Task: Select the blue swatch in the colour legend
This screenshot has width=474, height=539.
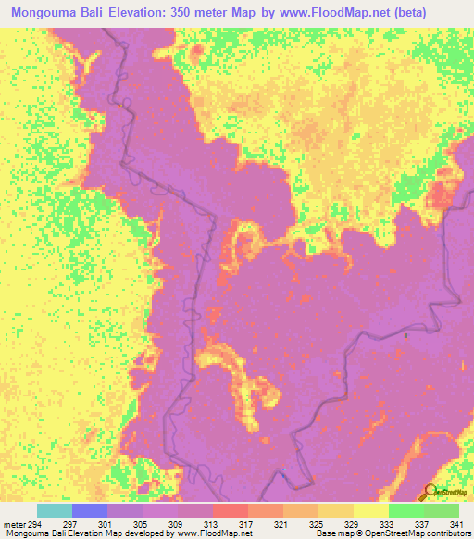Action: pyautogui.click(x=89, y=510)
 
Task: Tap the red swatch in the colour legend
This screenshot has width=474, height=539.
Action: pyautogui.click(x=230, y=510)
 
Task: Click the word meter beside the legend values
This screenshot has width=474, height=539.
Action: pyautogui.click(x=15, y=524)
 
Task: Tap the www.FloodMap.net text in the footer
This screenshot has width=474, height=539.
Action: pyautogui.click(x=202, y=533)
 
